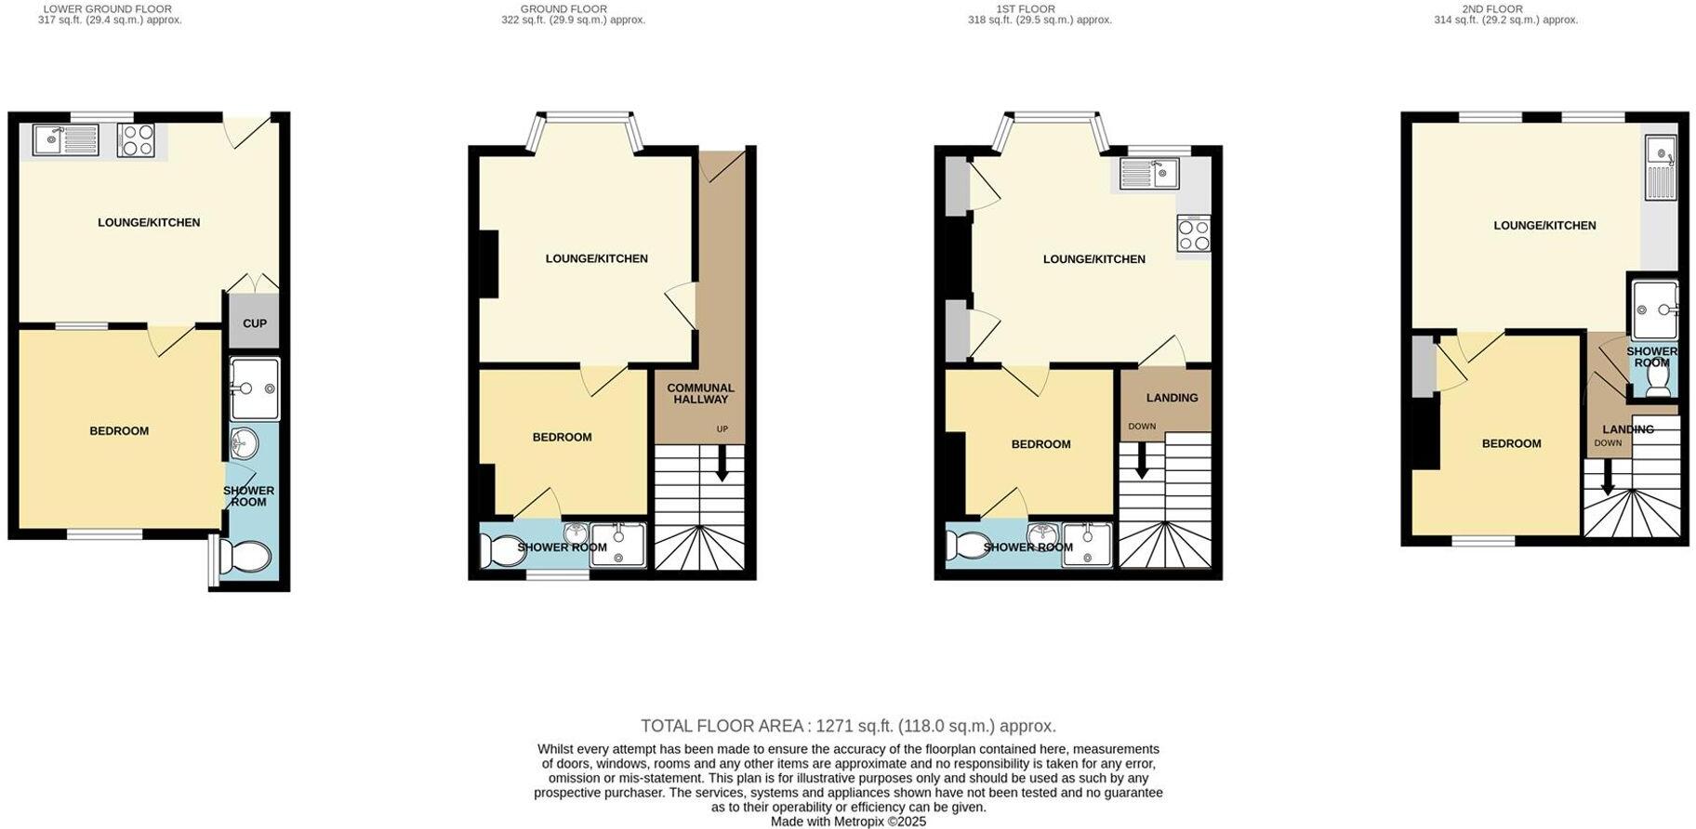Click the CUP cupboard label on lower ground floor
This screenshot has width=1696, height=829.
255,323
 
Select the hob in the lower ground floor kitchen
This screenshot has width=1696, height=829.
137,140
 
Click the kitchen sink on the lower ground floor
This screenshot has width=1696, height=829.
65,140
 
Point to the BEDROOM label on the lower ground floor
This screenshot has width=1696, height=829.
119,431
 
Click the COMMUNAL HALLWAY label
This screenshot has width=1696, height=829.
700,393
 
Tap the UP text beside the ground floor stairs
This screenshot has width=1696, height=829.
722,429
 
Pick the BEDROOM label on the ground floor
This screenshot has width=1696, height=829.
562,438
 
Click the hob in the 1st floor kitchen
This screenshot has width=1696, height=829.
1194,234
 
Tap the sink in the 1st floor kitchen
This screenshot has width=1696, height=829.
1149,173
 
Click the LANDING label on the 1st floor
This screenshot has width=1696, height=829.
1172,398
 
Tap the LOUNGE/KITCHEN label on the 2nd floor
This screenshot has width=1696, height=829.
1544,226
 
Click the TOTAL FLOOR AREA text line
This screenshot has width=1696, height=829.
848,726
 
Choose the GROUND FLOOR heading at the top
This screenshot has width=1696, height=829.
563,9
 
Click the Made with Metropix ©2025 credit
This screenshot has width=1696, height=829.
848,822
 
